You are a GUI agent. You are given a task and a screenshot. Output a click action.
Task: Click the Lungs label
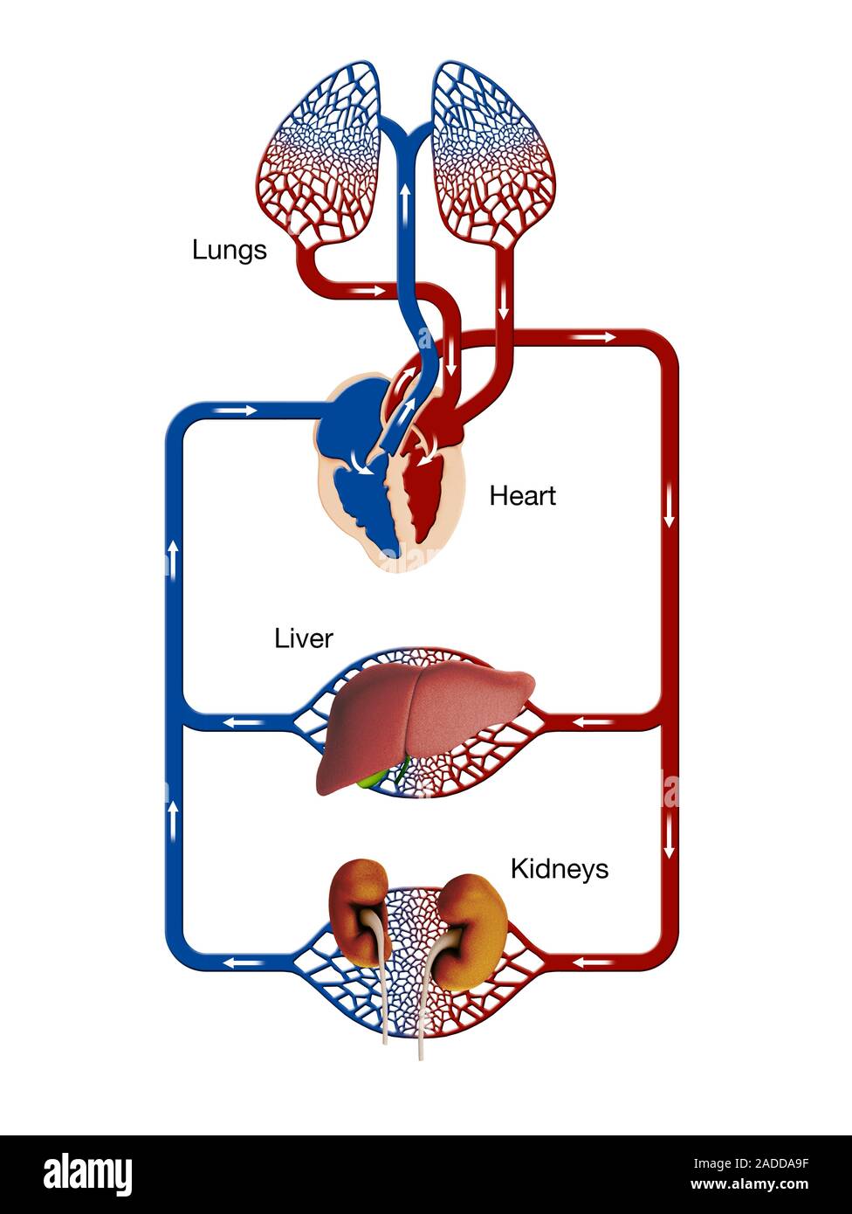pos(229,251)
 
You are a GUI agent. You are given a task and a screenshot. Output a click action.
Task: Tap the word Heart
pos(522,496)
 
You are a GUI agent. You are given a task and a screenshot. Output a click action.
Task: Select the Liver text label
pos(303,638)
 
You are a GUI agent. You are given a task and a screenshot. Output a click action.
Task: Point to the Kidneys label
pos(559,869)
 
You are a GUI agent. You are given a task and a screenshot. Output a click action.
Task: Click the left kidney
pos(358,908)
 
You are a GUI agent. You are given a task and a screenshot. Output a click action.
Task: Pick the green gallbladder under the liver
pos(374,777)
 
